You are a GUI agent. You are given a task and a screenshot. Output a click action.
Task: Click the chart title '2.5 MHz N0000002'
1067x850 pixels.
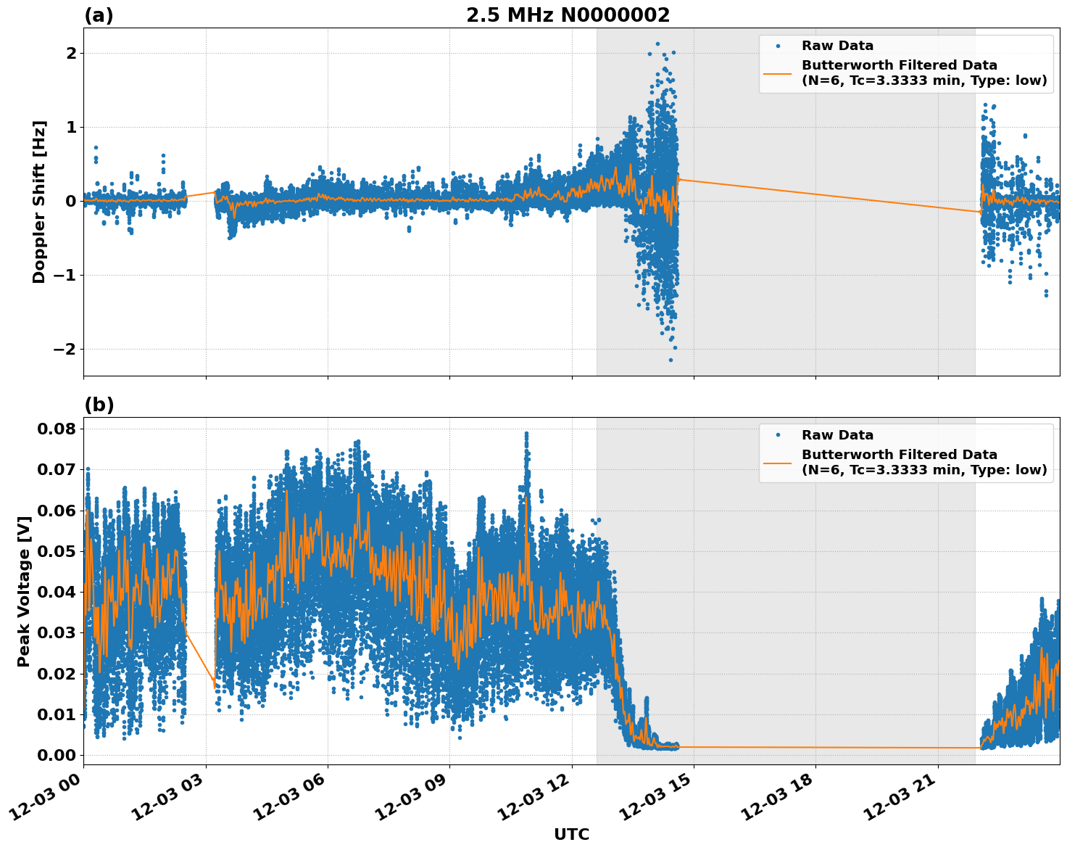coord(568,15)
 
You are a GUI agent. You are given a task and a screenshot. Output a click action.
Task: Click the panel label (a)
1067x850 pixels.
coord(99,15)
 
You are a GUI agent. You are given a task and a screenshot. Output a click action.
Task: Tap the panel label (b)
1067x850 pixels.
coord(99,405)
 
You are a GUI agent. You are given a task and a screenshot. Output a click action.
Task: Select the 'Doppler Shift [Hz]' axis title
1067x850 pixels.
coord(39,202)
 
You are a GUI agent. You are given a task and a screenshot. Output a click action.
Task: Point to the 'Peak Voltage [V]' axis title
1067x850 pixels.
coord(24,591)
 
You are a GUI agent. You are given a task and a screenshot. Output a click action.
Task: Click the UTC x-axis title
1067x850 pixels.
coord(571,834)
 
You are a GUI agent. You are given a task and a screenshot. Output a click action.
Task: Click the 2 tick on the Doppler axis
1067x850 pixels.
coord(71,54)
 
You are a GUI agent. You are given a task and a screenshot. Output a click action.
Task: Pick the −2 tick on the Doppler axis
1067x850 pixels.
coord(65,349)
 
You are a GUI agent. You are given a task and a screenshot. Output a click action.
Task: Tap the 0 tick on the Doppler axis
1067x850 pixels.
coord(71,201)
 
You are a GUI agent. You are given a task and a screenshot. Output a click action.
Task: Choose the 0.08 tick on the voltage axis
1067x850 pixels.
coord(56,429)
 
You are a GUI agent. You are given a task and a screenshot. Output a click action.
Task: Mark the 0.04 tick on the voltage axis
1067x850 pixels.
coord(56,592)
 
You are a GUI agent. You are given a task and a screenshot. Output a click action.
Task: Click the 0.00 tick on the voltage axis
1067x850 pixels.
coord(56,755)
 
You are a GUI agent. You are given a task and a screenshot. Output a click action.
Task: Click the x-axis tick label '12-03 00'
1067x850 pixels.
coord(51,799)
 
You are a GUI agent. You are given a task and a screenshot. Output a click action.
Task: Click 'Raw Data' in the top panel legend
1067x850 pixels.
coord(837,46)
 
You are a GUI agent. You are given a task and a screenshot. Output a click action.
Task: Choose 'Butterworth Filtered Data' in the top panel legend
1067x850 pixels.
coord(899,65)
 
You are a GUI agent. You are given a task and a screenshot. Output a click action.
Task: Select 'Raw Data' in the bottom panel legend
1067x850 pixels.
coord(837,435)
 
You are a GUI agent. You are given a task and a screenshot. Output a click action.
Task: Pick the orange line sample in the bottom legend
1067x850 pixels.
coord(778,462)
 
